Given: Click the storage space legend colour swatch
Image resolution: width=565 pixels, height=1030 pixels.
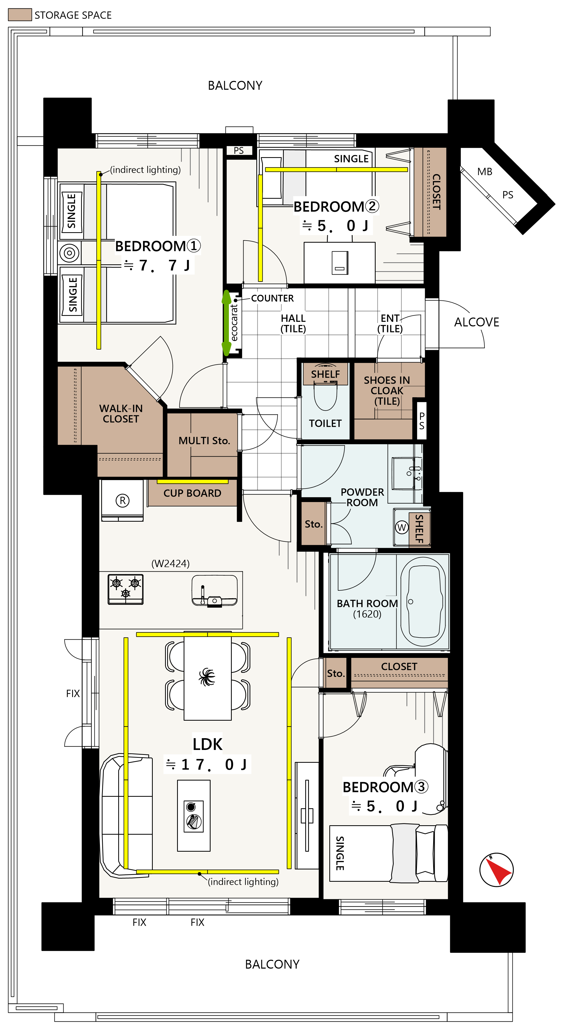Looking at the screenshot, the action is [20, 15].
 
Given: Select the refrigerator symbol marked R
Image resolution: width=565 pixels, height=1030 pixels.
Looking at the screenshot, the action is [122, 500].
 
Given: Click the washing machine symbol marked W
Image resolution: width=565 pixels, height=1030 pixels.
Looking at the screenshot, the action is [402, 527].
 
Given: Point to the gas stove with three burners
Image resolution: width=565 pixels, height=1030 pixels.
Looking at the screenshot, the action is [126, 589].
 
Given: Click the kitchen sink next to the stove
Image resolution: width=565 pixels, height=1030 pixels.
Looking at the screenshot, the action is [215, 591].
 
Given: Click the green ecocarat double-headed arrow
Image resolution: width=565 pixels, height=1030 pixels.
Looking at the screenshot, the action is [226, 323].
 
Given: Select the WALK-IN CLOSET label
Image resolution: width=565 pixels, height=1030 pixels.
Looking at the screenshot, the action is [121, 413].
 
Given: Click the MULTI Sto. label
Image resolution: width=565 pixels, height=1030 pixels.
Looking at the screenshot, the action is [204, 441].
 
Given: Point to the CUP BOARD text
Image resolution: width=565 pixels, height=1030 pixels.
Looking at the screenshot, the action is [192, 493].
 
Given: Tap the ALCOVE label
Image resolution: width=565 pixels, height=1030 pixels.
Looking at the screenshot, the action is [477, 322].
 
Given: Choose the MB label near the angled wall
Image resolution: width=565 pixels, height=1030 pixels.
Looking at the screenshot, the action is [485, 172].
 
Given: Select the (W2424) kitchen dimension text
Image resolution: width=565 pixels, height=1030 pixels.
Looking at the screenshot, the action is [170, 564].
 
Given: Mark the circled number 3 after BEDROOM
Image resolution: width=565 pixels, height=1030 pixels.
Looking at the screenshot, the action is [421, 787].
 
